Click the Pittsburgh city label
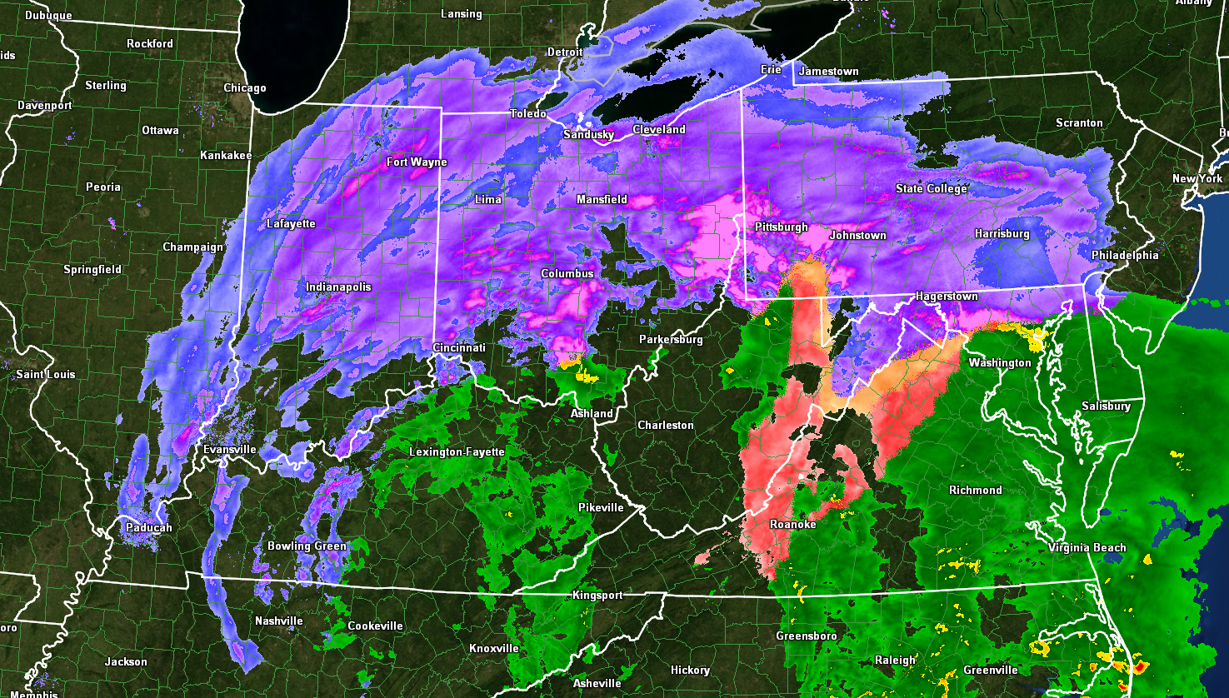781,227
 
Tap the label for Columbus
567,273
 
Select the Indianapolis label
338,287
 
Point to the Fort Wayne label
417,162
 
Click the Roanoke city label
792,524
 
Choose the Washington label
999,362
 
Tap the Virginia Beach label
1087,547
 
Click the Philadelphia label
1125,255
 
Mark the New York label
1197,178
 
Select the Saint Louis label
46,374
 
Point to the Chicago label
245,87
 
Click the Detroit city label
565,52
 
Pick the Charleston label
665,425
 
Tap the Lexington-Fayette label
457,451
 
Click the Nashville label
279,621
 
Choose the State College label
932,188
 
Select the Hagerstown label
947,296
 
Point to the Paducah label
149,527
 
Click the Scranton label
1079,122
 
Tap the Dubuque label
48,15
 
